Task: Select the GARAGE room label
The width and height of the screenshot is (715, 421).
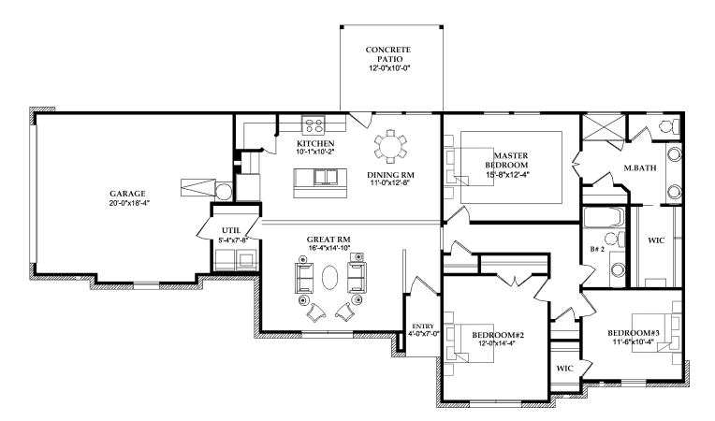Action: click(127, 193)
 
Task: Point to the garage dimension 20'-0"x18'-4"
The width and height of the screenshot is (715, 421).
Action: click(127, 203)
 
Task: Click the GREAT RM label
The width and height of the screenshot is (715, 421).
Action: click(328, 240)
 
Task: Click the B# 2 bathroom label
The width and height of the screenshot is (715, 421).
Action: click(596, 249)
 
